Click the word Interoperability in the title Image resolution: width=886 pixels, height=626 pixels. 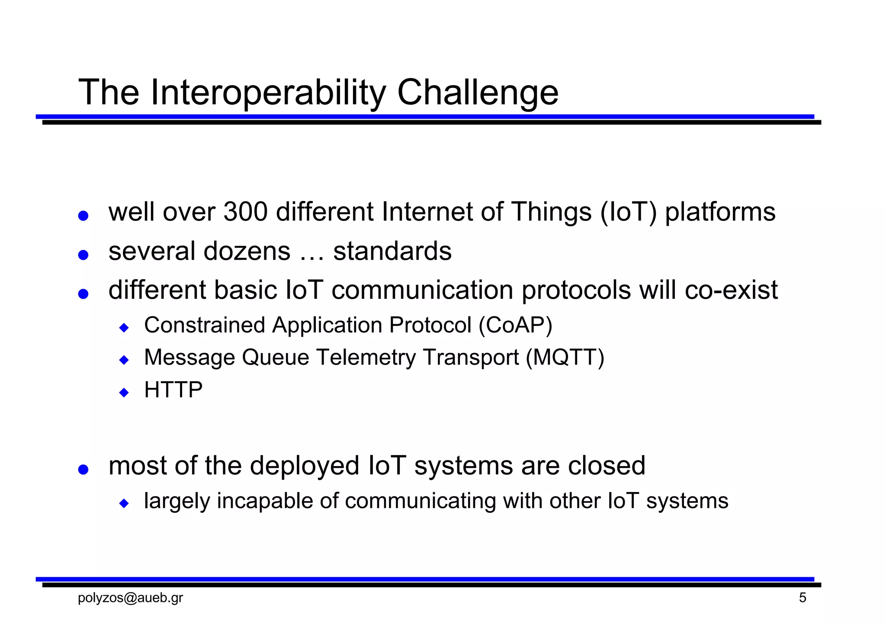click(268, 93)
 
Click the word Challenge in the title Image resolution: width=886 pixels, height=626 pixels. click(478, 93)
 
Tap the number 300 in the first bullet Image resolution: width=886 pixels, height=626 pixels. click(245, 212)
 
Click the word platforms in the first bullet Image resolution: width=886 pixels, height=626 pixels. click(720, 212)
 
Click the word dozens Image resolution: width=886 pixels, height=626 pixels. click(247, 251)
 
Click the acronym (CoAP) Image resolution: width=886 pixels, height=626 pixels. click(515, 325)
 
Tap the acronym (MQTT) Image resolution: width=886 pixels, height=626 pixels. click(565, 358)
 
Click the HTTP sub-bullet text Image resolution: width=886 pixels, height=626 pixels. click(173, 390)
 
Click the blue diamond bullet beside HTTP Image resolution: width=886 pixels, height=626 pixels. click(124, 393)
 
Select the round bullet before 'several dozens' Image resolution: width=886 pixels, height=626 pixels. click(83, 255)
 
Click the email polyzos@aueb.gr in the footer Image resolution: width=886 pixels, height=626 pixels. click(130, 598)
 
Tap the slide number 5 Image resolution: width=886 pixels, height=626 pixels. click(803, 598)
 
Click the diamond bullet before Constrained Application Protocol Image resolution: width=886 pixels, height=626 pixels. click(124, 328)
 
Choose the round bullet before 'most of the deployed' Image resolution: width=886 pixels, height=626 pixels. click(83, 469)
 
